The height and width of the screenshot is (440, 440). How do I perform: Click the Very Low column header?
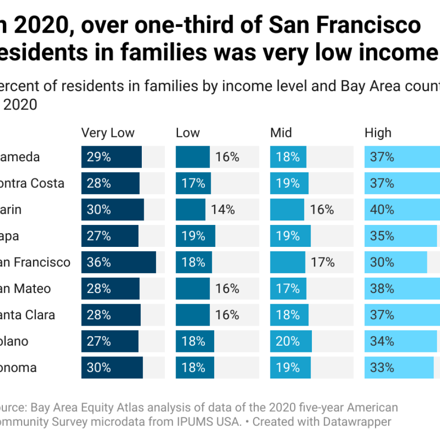(108, 133)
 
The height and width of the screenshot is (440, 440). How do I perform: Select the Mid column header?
(281, 133)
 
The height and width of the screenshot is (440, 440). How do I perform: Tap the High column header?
(378, 133)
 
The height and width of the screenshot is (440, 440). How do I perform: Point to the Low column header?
(188, 133)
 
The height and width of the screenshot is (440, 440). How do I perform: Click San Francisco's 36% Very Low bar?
(119, 263)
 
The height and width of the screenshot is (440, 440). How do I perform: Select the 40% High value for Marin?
(382, 210)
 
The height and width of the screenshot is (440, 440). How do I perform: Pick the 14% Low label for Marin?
(223, 210)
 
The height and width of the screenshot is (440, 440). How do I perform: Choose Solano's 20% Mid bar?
(291, 341)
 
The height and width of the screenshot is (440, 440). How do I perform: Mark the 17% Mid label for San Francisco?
(323, 263)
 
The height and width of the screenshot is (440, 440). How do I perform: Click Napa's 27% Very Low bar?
(110, 236)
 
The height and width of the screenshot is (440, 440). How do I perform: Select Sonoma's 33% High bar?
(399, 368)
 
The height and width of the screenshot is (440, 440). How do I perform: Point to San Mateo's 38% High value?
(382, 289)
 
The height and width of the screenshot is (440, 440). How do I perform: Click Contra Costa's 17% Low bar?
(194, 183)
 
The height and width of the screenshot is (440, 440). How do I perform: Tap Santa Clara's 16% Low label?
(227, 315)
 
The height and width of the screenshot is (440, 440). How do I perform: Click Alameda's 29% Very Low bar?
(111, 157)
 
